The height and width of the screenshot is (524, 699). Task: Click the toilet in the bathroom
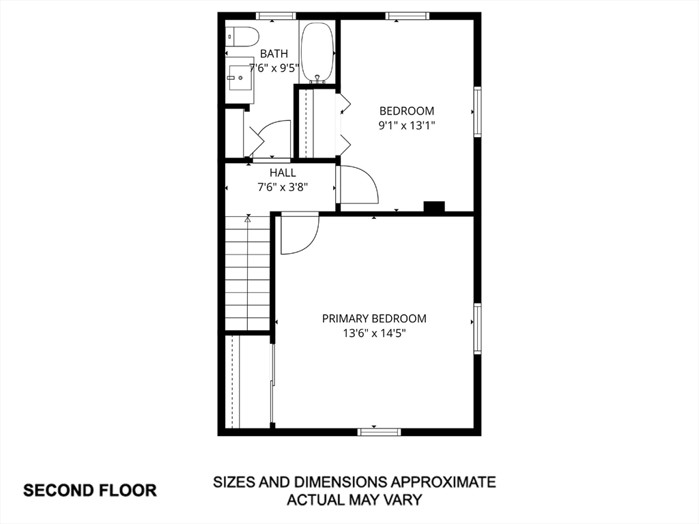(x=242, y=37)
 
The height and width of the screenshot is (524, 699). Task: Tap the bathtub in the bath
(x=317, y=53)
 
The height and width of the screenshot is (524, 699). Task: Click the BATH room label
(x=274, y=54)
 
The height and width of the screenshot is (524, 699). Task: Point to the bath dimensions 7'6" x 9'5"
(x=274, y=68)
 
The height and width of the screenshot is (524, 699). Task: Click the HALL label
(x=283, y=173)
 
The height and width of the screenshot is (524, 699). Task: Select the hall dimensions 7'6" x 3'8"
(x=283, y=187)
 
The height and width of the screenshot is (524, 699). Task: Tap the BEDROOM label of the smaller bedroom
(x=407, y=111)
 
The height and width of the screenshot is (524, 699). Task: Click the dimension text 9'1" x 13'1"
(x=407, y=126)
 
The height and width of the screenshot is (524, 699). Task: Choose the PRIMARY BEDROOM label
(x=374, y=319)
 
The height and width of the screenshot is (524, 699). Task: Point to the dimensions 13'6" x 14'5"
(x=374, y=333)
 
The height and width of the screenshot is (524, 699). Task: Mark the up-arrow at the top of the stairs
(x=248, y=218)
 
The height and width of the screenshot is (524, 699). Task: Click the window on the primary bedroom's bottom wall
(x=379, y=432)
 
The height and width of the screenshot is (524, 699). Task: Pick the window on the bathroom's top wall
(x=276, y=16)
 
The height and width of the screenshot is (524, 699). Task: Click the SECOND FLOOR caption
(x=90, y=491)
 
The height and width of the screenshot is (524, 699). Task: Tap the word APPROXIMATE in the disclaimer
(x=443, y=482)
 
